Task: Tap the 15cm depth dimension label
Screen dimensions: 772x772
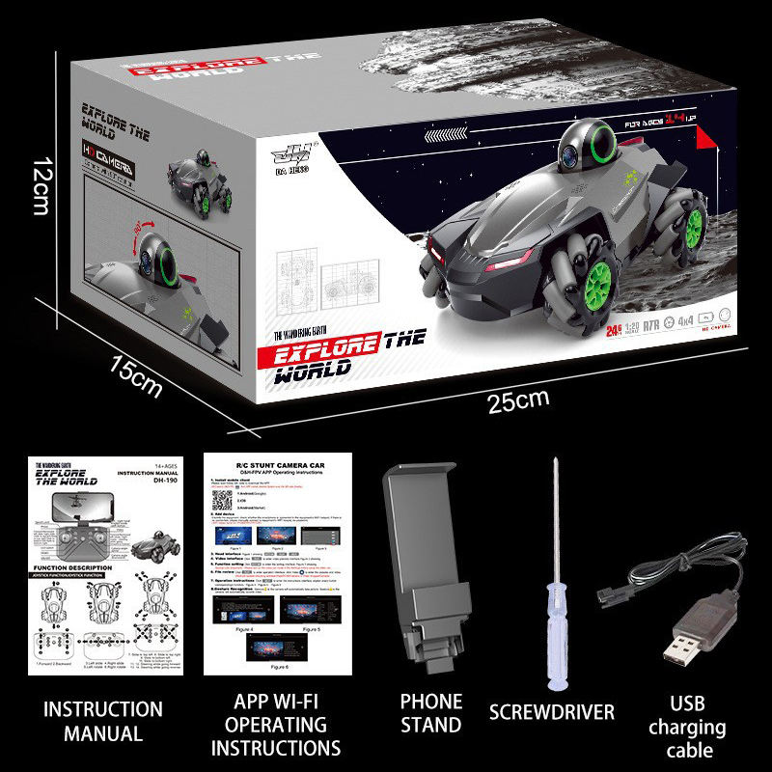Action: point(136,373)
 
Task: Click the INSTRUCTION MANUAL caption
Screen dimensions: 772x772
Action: point(103,722)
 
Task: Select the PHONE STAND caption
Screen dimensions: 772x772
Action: point(431,712)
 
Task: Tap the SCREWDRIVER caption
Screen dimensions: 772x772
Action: point(551,713)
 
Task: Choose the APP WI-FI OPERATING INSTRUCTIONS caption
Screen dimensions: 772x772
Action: point(275,724)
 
